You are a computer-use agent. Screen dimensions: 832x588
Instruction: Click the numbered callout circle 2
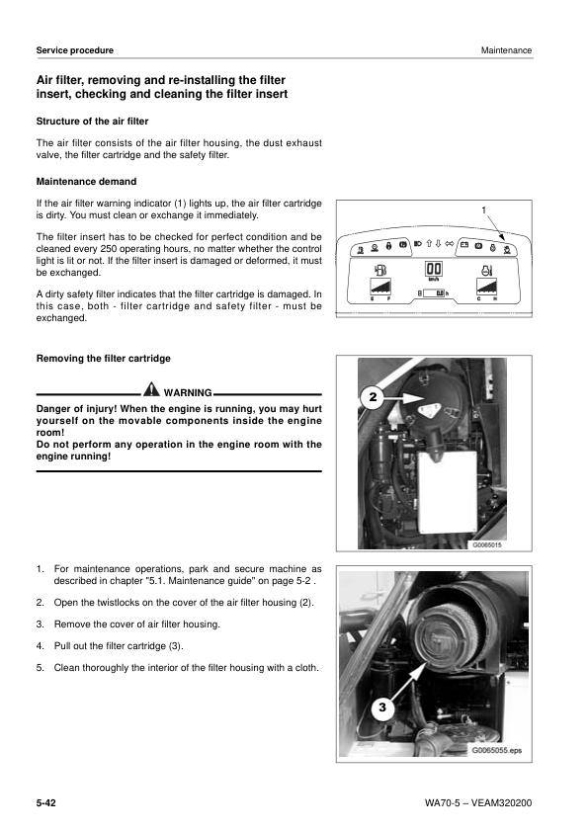point(372,397)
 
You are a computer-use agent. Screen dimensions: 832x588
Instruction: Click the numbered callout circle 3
point(382,708)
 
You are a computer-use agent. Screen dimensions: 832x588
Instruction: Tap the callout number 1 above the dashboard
point(483,209)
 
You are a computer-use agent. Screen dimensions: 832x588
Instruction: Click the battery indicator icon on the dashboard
point(464,243)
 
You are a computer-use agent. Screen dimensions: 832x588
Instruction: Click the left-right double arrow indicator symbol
point(450,243)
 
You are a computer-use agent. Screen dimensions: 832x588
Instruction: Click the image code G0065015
point(487,543)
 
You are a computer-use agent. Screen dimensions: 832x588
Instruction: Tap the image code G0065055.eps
point(498,751)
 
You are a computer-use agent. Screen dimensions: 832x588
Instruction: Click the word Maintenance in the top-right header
point(506,50)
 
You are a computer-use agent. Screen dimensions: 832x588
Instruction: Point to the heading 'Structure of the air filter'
point(92,122)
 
